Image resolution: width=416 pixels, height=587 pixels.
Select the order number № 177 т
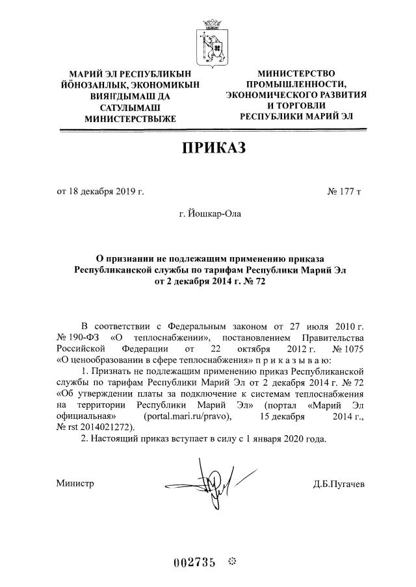click(x=344, y=192)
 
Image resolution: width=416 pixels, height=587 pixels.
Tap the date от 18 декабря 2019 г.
click(x=101, y=192)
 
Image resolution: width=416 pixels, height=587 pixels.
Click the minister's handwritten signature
click(x=207, y=483)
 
